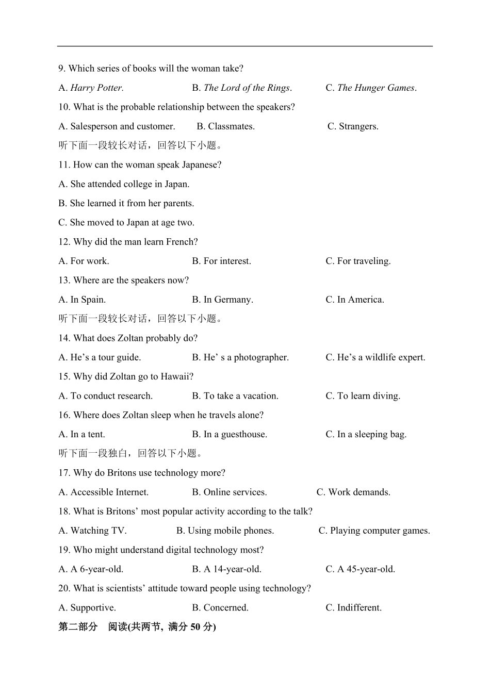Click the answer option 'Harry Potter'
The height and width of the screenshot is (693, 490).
96,88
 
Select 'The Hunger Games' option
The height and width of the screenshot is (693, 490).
376,88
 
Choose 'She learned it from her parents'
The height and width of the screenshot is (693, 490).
132,203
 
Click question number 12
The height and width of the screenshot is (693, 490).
64,242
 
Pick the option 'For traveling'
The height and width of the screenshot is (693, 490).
363,261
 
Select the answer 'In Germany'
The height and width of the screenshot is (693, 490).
227,300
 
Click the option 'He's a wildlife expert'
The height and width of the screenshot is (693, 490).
381,357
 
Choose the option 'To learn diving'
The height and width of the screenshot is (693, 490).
368,396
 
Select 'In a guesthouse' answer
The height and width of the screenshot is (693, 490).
235,434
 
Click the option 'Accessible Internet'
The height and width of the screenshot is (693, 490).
109,492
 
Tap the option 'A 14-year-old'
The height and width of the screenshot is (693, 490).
232,569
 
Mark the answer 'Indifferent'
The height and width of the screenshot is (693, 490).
359,608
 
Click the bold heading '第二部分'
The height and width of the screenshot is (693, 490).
78,627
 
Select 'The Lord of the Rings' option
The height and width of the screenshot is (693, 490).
247,88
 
